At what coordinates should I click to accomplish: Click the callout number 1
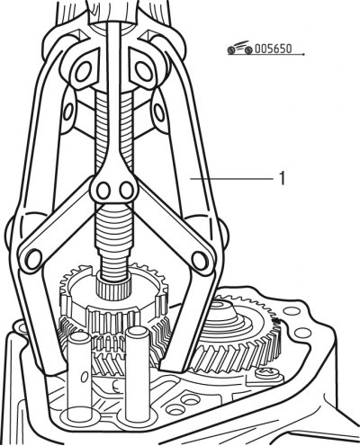coord(282,178)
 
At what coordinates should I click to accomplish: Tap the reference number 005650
coord(273,49)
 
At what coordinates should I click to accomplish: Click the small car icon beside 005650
coord(239,48)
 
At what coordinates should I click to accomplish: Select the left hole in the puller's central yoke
coord(103,191)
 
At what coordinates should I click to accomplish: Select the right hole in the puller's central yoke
coord(126,191)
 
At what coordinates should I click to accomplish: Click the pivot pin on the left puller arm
coord(33,259)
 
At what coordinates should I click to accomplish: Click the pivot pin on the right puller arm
coord(200,260)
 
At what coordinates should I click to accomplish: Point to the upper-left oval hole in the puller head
coord(83,71)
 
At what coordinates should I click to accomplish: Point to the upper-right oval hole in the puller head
coord(143,71)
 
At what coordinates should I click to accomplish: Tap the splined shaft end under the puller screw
coord(113,289)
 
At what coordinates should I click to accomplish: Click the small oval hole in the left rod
coord(85,377)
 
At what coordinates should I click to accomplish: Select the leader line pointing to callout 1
coord(231,179)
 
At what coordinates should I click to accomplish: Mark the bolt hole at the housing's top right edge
coord(291,311)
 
